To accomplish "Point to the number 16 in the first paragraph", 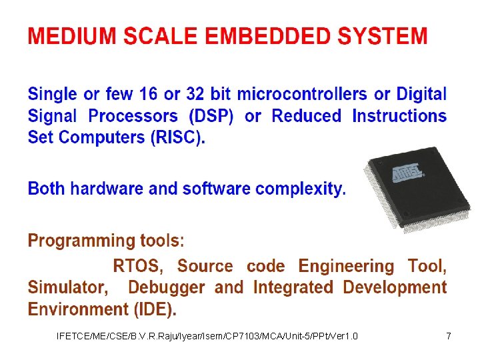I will point(153,95).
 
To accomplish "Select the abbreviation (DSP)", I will point(211,117).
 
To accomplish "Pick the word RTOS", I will point(138,267).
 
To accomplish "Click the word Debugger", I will point(167,288).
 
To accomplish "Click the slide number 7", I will point(449,336).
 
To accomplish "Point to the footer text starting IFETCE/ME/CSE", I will point(207,336).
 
